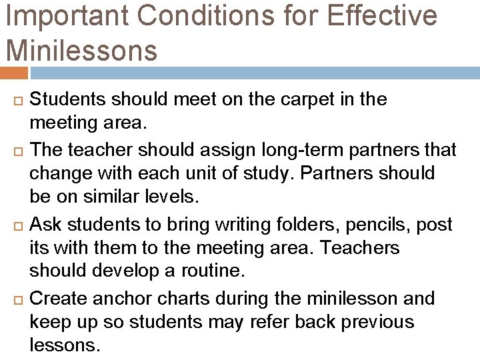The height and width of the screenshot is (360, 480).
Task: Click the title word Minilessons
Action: click(81, 49)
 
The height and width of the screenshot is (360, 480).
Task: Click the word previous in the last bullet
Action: click(377, 323)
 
